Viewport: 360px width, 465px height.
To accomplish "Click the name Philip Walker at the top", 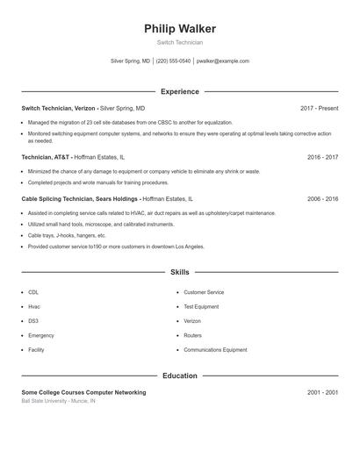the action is [x=179, y=29].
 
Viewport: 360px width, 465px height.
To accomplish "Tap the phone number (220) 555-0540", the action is [x=173, y=61].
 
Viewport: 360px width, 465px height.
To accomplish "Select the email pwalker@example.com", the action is [x=223, y=61].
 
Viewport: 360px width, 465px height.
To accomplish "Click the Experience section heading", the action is [x=179, y=91].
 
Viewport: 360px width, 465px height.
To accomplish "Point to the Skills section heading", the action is [x=179, y=273].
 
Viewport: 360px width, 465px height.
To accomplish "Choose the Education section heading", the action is [x=179, y=376].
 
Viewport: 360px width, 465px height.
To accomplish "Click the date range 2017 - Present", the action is [x=319, y=108].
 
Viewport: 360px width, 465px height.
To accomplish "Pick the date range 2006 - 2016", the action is [x=322, y=199].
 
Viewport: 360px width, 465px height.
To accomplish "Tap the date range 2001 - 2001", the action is [x=322, y=392].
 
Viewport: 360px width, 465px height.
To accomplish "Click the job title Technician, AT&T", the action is [x=46, y=157].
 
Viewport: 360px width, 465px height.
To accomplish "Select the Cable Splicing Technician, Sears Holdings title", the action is [x=80, y=199].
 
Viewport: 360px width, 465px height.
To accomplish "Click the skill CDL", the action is [x=33, y=292].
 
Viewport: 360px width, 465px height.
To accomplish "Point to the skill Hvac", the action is [x=34, y=307].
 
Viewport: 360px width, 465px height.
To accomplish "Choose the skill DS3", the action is [x=33, y=321].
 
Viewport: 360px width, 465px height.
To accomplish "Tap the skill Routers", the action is [x=192, y=335].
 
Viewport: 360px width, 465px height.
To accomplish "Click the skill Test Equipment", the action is [x=200, y=307].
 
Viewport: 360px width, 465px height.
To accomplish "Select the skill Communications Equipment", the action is [x=215, y=350].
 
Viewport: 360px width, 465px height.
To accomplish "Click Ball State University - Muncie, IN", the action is [x=59, y=401].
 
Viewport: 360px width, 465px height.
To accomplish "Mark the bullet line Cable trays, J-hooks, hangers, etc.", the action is [x=67, y=236].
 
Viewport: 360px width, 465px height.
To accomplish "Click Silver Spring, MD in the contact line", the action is [x=130, y=61].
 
